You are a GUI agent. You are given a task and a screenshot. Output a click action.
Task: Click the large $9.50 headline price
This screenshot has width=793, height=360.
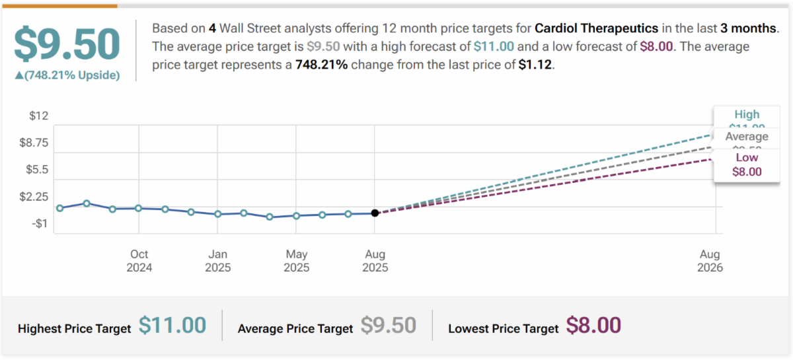[x=67, y=44]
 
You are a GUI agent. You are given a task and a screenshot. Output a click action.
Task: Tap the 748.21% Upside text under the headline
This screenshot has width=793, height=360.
[x=67, y=75]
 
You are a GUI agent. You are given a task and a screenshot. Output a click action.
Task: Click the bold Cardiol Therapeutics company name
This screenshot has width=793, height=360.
[x=596, y=29]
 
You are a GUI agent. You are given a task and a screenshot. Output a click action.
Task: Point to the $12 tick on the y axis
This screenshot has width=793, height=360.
[x=39, y=116]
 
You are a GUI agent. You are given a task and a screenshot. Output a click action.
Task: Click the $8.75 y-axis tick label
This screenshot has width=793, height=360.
[x=34, y=143]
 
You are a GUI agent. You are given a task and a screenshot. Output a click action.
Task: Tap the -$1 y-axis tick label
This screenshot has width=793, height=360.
[x=38, y=223]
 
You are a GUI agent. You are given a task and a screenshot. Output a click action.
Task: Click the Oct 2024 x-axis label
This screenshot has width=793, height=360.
[x=139, y=261]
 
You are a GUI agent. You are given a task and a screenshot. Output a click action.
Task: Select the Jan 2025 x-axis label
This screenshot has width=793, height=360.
[x=217, y=261]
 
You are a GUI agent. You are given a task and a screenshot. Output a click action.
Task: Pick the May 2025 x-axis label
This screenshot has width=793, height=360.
[x=296, y=261]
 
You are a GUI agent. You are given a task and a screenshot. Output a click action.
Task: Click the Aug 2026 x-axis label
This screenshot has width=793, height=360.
[x=710, y=261]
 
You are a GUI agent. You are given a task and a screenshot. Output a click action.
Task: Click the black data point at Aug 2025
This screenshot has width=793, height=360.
[x=375, y=213]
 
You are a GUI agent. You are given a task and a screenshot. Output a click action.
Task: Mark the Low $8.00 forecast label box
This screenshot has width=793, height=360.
[x=747, y=164]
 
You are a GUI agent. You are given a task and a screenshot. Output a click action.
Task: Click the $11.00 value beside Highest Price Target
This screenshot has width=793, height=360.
[x=172, y=326]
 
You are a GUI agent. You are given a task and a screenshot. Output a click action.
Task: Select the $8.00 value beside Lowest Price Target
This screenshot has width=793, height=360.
[x=593, y=326]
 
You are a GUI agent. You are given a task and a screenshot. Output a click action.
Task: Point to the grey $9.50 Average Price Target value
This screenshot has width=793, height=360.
[x=388, y=326]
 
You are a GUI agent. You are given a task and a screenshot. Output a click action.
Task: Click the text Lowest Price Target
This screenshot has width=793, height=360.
[x=503, y=328]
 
